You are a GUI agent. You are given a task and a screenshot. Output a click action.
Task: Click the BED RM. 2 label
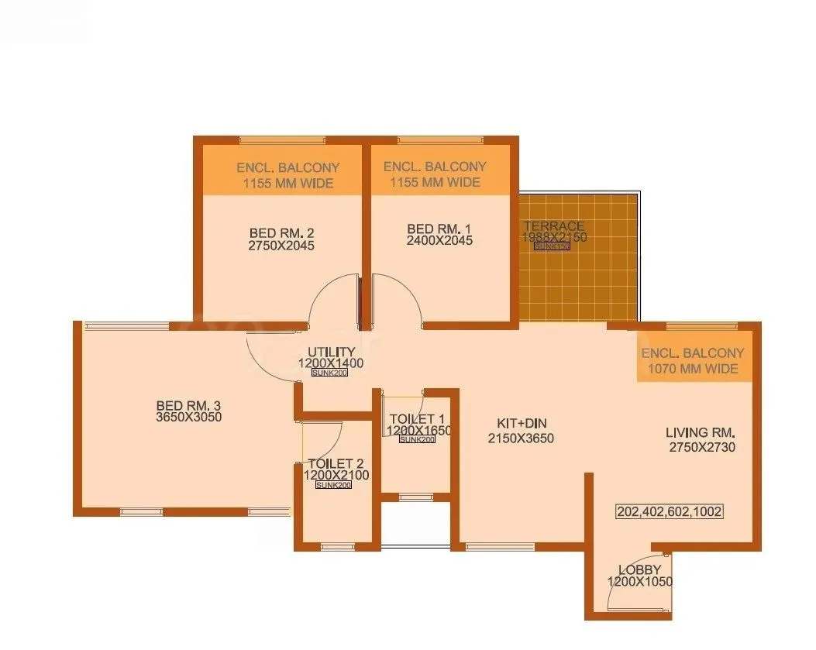point(281,232)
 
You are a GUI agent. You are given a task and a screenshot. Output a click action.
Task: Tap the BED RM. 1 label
point(439,229)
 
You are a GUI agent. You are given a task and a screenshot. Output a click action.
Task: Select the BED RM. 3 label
point(189,404)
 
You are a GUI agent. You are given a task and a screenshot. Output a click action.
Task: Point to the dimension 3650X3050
point(189,417)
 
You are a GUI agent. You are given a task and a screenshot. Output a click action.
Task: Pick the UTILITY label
point(331,353)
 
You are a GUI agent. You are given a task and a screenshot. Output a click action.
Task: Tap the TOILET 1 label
point(417,419)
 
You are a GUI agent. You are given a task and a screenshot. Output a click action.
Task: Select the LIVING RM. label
point(701,433)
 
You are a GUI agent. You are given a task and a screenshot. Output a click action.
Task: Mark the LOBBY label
point(639,570)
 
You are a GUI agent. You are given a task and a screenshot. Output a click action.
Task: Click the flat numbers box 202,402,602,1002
point(670,512)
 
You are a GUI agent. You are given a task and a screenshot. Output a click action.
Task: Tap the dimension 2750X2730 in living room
point(702,447)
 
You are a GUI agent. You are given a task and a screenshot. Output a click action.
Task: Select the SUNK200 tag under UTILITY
point(329,373)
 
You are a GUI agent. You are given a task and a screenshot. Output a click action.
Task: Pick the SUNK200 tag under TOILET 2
point(333,485)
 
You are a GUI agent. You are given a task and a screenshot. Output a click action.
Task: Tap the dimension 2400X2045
point(439,241)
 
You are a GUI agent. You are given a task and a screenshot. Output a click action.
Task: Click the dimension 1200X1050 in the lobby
point(639,582)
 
